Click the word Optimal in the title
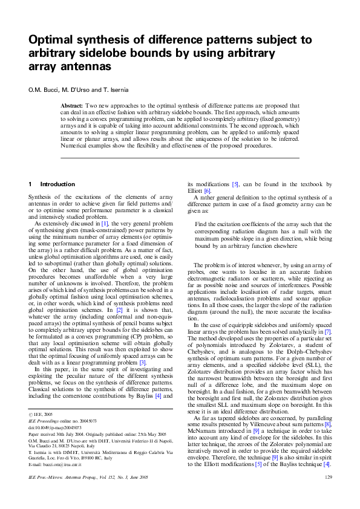click(x=53, y=41)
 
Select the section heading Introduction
click(x=57, y=184)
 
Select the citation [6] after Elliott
click(x=207, y=190)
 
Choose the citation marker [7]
click(x=327, y=332)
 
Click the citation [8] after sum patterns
click(x=327, y=425)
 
